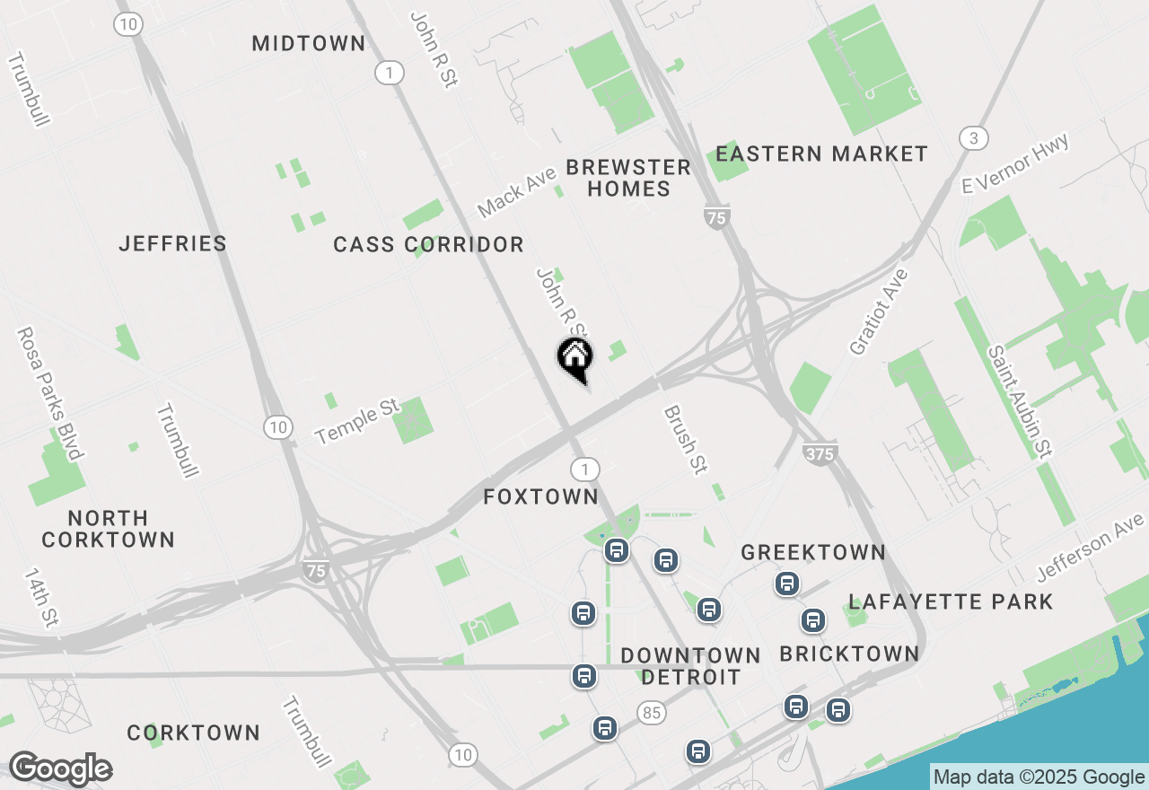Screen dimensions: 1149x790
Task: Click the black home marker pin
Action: click(x=575, y=357)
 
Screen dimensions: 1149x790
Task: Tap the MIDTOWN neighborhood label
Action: click(x=308, y=43)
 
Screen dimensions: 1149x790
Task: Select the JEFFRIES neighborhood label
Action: click(x=173, y=243)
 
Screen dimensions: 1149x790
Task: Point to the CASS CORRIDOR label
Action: click(x=428, y=244)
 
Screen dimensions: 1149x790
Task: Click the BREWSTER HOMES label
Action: click(x=628, y=178)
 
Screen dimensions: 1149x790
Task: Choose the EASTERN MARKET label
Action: click(x=821, y=154)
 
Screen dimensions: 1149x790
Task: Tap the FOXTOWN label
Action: click(x=540, y=496)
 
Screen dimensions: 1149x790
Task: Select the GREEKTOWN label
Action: click(x=813, y=552)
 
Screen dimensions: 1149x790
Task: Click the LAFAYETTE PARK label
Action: click(x=951, y=601)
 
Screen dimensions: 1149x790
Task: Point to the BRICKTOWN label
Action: click(x=849, y=654)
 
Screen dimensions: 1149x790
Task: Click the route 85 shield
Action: click(x=653, y=713)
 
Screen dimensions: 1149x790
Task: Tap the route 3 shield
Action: click(x=973, y=138)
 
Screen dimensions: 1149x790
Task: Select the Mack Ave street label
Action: click(x=517, y=190)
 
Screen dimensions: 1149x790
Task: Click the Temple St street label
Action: click(x=356, y=422)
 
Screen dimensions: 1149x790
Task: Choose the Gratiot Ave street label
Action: click(x=879, y=312)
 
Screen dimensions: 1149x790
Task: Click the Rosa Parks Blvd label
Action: click(x=49, y=392)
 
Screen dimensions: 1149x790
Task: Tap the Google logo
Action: click(x=61, y=768)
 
